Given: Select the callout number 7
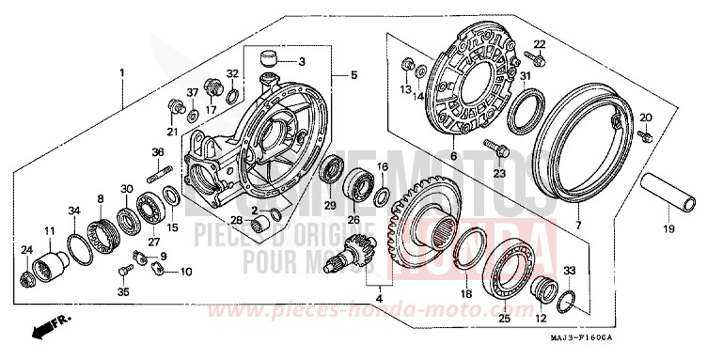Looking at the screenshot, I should (578, 227).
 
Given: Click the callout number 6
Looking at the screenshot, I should (455, 157).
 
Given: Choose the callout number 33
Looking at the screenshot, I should (569, 271).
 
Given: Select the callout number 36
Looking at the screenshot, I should (159, 151).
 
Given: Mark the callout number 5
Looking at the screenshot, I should (354, 74).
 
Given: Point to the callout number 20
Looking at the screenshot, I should (645, 117).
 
